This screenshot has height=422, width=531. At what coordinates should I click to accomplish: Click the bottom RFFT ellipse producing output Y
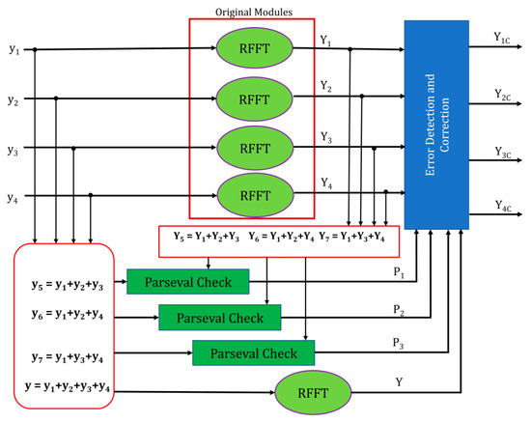(309, 392)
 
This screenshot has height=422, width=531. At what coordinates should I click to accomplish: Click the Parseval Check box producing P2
(218, 316)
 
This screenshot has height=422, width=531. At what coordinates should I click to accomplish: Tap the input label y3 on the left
(13, 149)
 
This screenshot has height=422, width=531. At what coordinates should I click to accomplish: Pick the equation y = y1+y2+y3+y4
(70, 388)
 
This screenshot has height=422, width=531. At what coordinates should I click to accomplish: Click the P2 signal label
(398, 308)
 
